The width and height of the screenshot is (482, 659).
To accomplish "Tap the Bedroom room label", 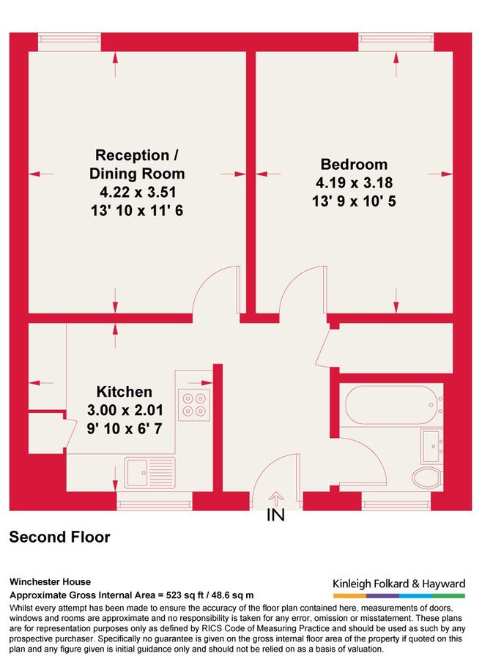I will (354, 164).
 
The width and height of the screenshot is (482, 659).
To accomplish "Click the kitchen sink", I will (148, 474).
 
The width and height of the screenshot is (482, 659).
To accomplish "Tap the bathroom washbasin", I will (431, 444).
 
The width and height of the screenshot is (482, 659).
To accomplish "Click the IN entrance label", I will (275, 515).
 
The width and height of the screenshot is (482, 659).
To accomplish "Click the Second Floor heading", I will (59, 537).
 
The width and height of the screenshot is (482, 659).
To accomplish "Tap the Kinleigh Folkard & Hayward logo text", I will (399, 584).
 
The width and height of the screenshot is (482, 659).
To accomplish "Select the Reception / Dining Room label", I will (137, 165).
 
